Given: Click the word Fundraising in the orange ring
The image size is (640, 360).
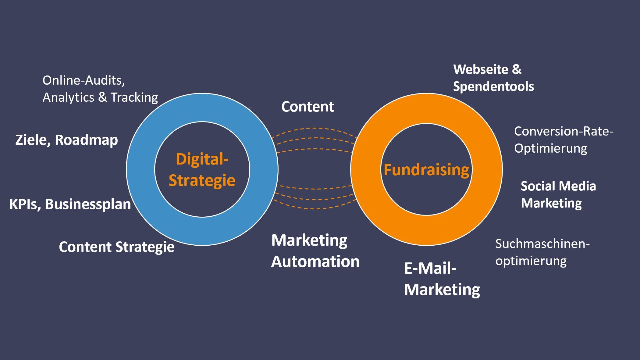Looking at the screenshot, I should pyautogui.click(x=426, y=170).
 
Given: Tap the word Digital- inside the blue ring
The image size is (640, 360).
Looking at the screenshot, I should pyautogui.click(x=202, y=159).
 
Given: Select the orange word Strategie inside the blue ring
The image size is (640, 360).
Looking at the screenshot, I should pyautogui.click(x=202, y=180).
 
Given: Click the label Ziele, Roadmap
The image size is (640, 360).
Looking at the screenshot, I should pyautogui.click(x=67, y=140).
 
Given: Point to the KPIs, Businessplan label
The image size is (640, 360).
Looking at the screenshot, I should pyautogui.click(x=70, y=204).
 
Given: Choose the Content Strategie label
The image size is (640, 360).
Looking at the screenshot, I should pyautogui.click(x=117, y=247).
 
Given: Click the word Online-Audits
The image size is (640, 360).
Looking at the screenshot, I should pyautogui.click(x=83, y=80).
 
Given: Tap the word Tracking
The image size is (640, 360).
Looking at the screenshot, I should pyautogui.click(x=134, y=97).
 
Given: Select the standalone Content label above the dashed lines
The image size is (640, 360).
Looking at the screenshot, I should pyautogui.click(x=308, y=107).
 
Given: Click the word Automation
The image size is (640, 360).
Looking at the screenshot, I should pyautogui.click(x=315, y=261).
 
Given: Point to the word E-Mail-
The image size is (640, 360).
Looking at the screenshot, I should pyautogui.click(x=430, y=268).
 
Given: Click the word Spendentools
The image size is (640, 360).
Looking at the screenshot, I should pyautogui.click(x=493, y=86).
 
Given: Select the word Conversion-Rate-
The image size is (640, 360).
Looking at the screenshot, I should pyautogui.click(x=564, y=131).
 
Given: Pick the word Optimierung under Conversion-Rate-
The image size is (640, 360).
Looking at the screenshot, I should pyautogui.click(x=551, y=148).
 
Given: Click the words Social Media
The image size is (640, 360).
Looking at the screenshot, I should pyautogui.click(x=558, y=186).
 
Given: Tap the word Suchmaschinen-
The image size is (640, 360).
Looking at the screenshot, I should pyautogui.click(x=542, y=244).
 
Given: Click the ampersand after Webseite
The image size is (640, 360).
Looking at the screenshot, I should pyautogui.click(x=517, y=69).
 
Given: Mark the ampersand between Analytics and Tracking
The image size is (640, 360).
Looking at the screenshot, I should pyautogui.click(x=103, y=97).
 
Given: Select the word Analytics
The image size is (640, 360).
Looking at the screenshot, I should pyautogui.click(x=68, y=97).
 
